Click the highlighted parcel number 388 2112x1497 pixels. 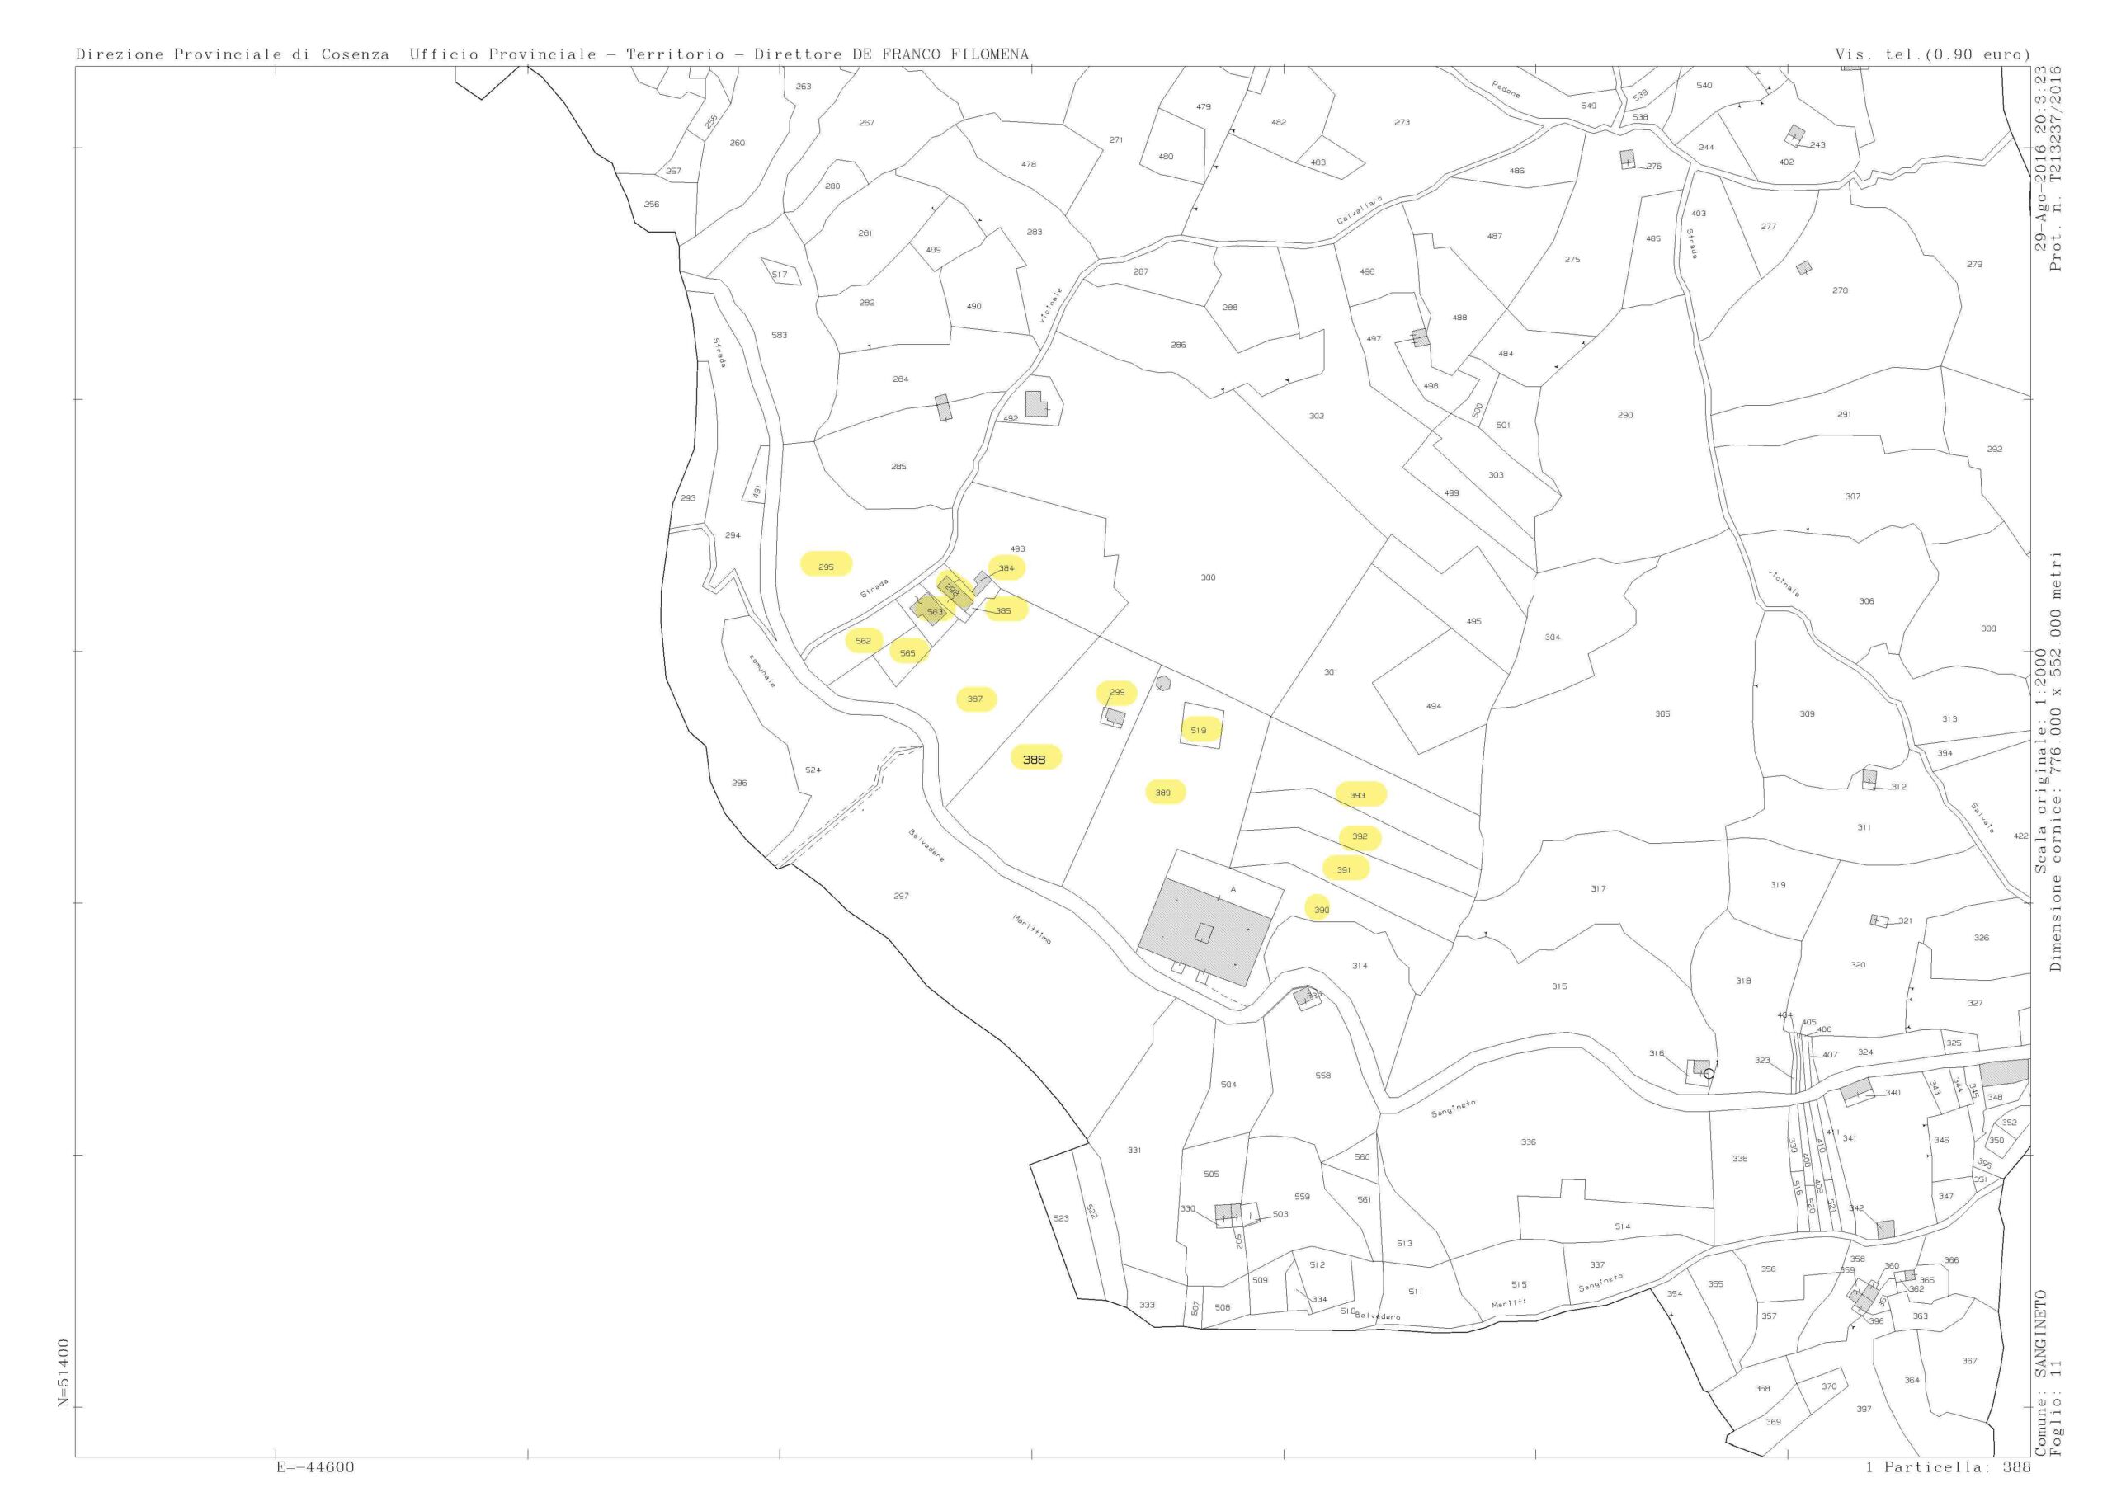(1035, 760)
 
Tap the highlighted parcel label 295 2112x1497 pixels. (826, 567)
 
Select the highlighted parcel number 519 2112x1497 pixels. (1199, 730)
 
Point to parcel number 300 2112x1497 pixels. (1208, 577)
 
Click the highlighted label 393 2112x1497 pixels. (1357, 794)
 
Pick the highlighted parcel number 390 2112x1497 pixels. (1321, 910)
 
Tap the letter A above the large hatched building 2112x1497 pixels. (1233, 889)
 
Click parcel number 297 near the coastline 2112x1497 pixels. (901, 896)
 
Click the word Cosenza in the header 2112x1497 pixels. (355, 54)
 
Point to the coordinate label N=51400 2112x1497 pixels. (64, 1372)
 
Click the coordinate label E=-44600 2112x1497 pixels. (314, 1466)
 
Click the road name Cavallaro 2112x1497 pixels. (1360, 210)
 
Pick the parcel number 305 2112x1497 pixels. (1662, 713)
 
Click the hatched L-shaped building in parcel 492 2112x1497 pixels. (1035, 405)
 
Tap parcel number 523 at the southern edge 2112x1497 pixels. (1061, 1218)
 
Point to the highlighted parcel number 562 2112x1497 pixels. (863, 641)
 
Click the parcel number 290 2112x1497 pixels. (1625, 415)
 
